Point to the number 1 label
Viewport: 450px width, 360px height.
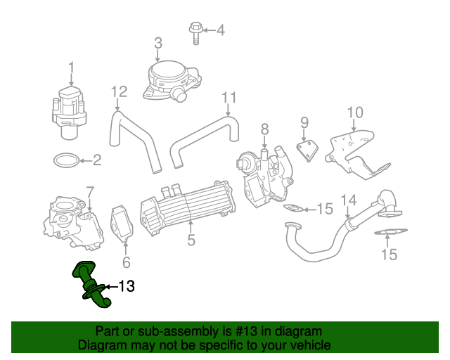click(71, 67)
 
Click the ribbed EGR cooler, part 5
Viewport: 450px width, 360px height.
click(186, 208)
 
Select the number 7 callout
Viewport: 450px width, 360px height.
click(89, 191)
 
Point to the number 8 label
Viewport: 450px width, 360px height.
click(264, 129)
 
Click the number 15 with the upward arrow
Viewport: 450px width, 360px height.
click(389, 255)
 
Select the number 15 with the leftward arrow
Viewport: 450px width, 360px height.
click(324, 209)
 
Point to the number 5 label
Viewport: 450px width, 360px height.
click(191, 241)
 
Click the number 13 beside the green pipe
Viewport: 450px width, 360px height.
click(126, 286)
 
